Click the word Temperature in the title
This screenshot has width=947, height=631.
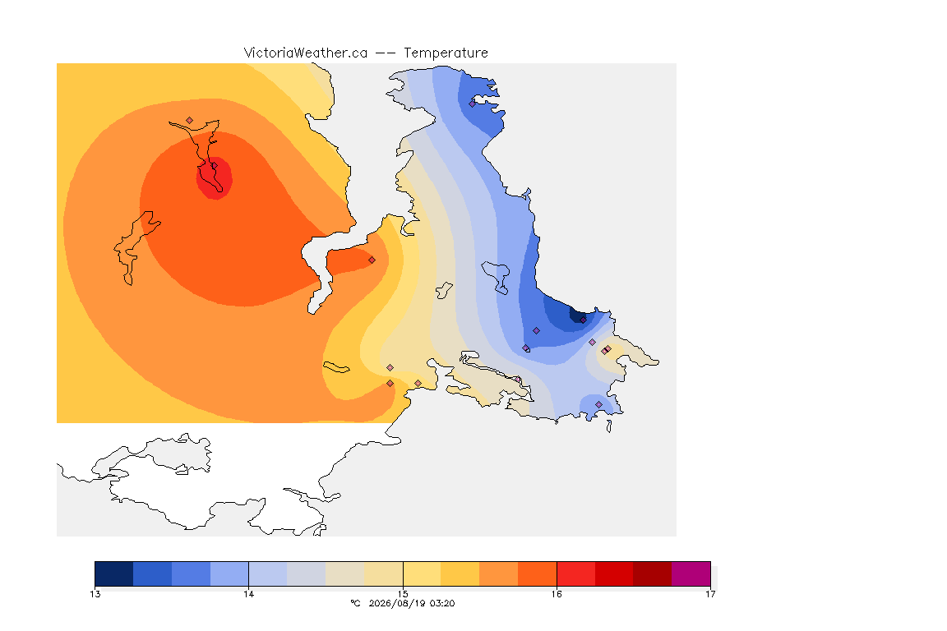pyautogui.click(x=446, y=53)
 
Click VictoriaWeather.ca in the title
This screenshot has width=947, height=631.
pyautogui.click(x=306, y=53)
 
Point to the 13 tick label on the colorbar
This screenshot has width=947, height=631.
pyautogui.click(x=95, y=594)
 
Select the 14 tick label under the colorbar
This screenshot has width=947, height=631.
pyautogui.click(x=249, y=594)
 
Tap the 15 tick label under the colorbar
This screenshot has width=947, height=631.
pyautogui.click(x=403, y=594)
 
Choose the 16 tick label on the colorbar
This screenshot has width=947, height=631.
pyautogui.click(x=557, y=594)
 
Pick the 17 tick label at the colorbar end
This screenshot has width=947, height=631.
pyautogui.click(x=710, y=594)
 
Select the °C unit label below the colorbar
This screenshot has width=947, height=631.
pyautogui.click(x=356, y=603)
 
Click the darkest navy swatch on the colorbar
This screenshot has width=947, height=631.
pyautogui.click(x=114, y=573)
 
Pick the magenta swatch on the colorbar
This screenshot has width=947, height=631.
pyautogui.click(x=691, y=573)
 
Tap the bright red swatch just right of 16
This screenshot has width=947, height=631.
pyautogui.click(x=575, y=573)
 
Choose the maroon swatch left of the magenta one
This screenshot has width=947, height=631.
pyautogui.click(x=652, y=573)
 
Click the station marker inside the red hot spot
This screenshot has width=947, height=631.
pyautogui.click(x=214, y=166)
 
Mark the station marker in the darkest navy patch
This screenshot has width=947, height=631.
pyautogui.click(x=583, y=320)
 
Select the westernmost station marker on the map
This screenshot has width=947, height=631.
pyautogui.click(x=190, y=121)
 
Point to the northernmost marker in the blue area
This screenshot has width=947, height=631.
pyautogui.click(x=473, y=104)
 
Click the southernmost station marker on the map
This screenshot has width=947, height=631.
pyautogui.click(x=598, y=404)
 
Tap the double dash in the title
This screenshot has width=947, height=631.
pyautogui.click(x=386, y=53)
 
